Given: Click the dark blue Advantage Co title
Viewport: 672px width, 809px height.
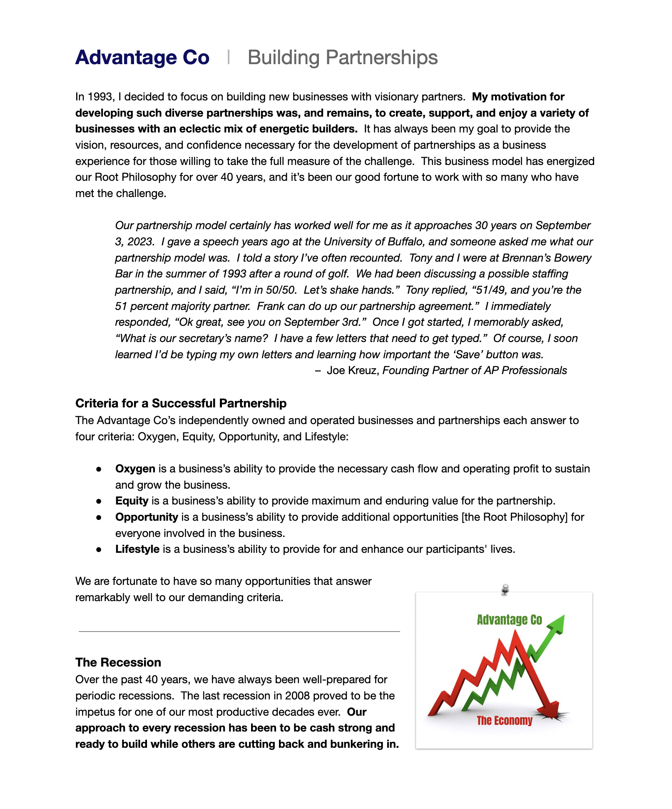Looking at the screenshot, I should coord(142,57).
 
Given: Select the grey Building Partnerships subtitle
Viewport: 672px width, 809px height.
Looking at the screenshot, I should coord(342,57).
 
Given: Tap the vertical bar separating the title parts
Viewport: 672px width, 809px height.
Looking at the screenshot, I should coord(229,57).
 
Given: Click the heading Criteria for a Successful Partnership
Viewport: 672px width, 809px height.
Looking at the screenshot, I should coord(181,403).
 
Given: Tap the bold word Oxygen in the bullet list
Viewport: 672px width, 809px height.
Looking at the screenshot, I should coord(135,469).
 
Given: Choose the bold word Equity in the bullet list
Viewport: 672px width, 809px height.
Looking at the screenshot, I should coord(132,501).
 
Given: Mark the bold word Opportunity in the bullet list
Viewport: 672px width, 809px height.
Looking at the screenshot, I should coord(147,517).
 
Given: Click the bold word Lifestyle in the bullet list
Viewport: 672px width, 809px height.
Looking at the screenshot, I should coord(137,549).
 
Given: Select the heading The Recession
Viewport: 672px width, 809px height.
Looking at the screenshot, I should coord(118,662).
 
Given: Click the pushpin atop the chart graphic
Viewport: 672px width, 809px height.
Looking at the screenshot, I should coord(505,589).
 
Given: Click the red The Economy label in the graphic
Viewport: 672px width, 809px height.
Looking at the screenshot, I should coord(504,721).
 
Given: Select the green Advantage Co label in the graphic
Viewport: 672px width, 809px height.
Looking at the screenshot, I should coord(509,620).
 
